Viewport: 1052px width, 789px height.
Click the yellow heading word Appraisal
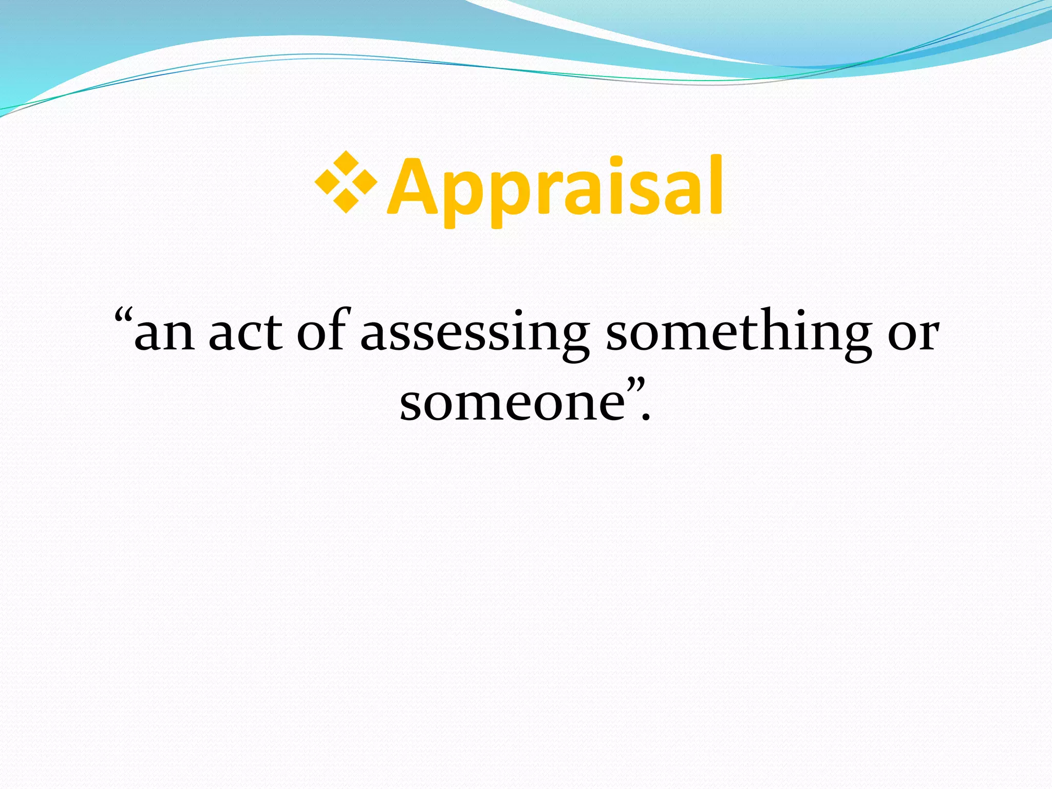555,187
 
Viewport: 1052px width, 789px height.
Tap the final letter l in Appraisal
717,185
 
